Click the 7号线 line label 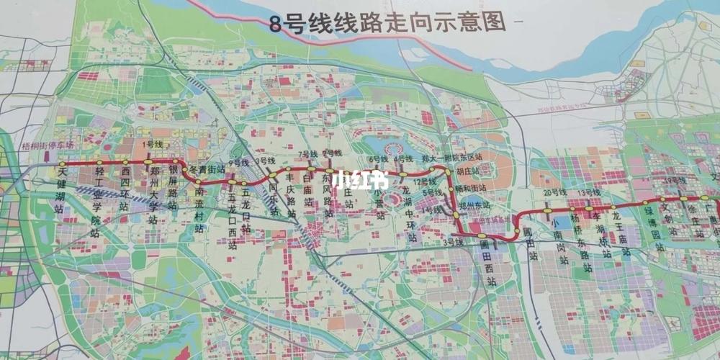[307, 155]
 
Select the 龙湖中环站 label [411, 212]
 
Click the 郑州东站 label [474, 205]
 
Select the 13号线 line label [588, 193]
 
